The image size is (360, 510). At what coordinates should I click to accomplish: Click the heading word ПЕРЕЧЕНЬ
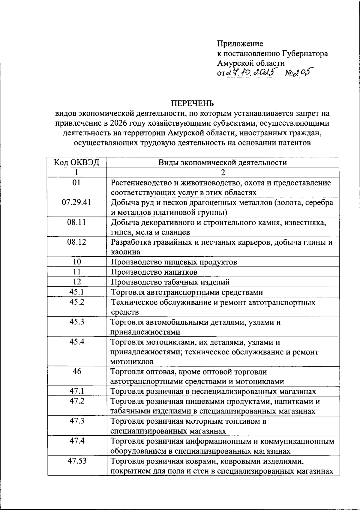coord(192,103)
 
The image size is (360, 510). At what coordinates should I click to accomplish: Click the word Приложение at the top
coord(240,44)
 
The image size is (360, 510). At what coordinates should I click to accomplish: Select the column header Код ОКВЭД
coord(77,163)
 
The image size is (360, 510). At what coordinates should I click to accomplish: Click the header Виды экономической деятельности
coord(223,163)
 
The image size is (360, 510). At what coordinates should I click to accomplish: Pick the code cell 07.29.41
coord(77,202)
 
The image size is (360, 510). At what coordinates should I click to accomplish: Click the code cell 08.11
coord(77,222)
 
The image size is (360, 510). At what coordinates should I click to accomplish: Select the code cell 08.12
coord(77,242)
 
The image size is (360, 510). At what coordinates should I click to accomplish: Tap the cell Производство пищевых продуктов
coord(174,262)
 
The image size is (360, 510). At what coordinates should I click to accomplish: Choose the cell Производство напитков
coord(154,272)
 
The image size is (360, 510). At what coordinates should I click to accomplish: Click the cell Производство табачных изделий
coord(170,282)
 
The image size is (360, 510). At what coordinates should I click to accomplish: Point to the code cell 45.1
coord(77,292)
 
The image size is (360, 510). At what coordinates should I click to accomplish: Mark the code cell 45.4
coord(77,341)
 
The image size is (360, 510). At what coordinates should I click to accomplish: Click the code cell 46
coord(77,371)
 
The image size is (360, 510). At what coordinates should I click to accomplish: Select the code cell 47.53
coord(77,461)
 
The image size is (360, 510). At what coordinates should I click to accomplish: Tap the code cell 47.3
coord(77,421)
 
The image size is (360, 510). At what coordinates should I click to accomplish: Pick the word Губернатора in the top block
coord(305,54)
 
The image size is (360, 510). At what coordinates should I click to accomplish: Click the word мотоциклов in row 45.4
coord(132,362)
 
